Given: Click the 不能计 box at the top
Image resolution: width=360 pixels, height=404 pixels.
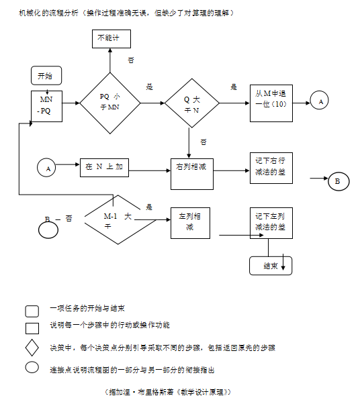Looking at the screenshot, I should (111, 39).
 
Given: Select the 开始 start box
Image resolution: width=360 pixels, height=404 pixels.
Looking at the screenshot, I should (46, 76).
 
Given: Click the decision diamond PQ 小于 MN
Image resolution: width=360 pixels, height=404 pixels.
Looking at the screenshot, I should (110, 103).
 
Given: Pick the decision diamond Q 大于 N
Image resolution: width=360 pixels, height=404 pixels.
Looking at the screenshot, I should (192, 103).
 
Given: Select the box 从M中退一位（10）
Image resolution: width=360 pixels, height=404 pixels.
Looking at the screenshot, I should (271, 102).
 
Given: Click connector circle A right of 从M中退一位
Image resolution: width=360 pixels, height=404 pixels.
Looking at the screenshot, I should (320, 101).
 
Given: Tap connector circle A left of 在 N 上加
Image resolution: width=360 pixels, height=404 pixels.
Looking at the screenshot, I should (47, 168).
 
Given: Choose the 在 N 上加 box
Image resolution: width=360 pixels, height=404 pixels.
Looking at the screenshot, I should (103, 167).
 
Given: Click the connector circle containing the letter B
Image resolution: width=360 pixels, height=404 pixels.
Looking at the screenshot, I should (338, 181).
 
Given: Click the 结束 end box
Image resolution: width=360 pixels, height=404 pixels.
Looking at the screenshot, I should (271, 266).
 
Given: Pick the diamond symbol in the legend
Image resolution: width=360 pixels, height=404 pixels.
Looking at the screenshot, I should (32, 348).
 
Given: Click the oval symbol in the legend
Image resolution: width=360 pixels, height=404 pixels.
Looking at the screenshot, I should (32, 367).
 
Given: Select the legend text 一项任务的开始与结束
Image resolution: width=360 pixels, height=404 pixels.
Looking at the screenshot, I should (87, 309).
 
